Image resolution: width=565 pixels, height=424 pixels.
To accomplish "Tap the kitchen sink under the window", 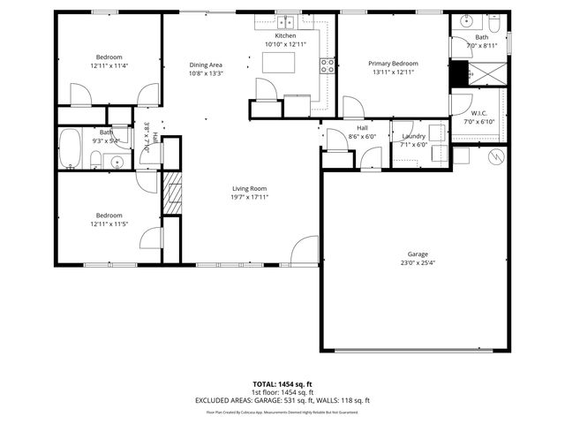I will click(x=285, y=23).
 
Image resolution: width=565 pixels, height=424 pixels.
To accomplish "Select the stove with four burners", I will click(x=328, y=65).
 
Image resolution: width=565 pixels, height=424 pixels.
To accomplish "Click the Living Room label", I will click(x=250, y=188).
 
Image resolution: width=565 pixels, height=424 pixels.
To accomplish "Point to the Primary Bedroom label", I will click(x=393, y=64).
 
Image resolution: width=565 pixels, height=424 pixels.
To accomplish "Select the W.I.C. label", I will click(x=479, y=113).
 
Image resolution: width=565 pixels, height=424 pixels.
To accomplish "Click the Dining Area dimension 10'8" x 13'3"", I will click(x=206, y=73).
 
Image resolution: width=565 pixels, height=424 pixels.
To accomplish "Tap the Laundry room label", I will click(x=413, y=136).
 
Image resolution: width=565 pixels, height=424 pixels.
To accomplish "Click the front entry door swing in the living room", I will click(x=305, y=250).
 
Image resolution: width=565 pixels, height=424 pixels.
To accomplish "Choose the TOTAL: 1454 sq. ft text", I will click(x=282, y=383).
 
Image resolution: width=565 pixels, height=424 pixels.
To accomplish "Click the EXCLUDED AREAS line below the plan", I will click(x=282, y=400).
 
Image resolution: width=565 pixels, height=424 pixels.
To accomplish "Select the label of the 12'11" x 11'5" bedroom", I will click(x=109, y=216).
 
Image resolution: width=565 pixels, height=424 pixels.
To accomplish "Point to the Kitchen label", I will click(x=285, y=35).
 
